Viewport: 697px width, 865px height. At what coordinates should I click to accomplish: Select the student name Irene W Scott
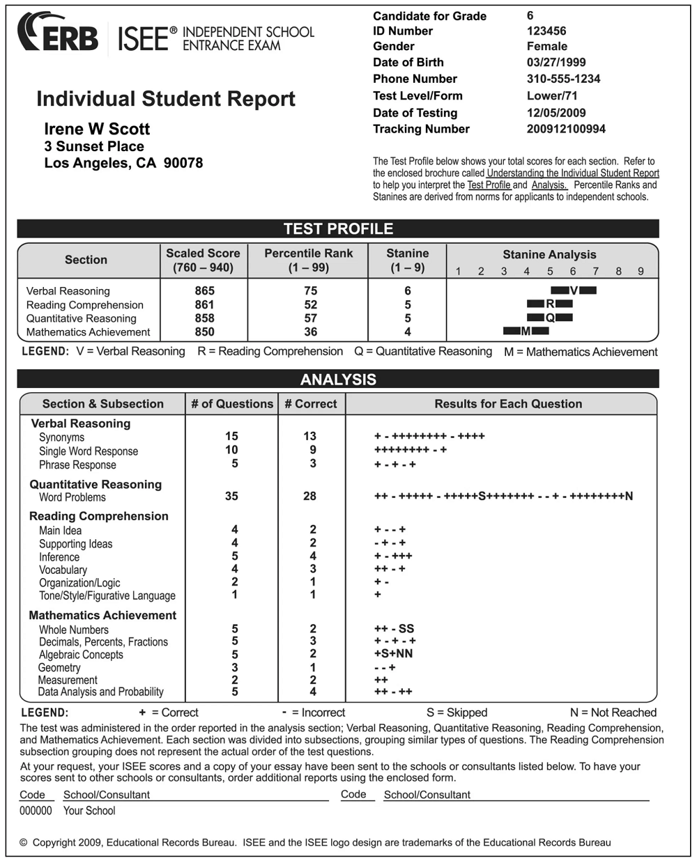click(97, 129)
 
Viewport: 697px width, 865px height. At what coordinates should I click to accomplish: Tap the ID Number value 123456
click(546, 31)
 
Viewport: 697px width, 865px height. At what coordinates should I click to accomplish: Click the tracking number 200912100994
click(566, 129)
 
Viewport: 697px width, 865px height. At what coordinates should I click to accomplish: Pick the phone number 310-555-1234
click(563, 79)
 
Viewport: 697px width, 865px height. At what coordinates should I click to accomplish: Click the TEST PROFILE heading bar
click(338, 228)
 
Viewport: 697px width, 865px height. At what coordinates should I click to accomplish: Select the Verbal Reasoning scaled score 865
click(205, 290)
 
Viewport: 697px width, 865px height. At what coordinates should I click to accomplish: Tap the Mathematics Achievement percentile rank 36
click(310, 332)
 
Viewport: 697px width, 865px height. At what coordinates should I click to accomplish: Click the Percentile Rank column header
click(308, 260)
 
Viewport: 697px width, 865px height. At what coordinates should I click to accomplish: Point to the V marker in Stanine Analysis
click(574, 290)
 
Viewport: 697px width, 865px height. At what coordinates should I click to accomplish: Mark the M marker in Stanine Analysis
click(526, 332)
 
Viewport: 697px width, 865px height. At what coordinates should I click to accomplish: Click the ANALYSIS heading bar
click(338, 380)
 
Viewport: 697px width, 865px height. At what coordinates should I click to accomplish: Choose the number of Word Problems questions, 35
click(231, 496)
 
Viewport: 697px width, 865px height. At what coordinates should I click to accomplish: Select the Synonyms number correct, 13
click(310, 436)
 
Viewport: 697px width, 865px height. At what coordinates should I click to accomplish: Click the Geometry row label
click(59, 667)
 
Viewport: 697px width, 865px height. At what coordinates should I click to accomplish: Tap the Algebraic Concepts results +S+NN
click(393, 653)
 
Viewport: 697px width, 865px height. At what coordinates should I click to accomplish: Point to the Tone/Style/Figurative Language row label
click(107, 595)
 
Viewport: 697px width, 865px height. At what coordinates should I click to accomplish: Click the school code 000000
click(36, 811)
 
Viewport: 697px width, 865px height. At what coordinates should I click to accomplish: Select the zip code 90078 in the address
click(183, 163)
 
